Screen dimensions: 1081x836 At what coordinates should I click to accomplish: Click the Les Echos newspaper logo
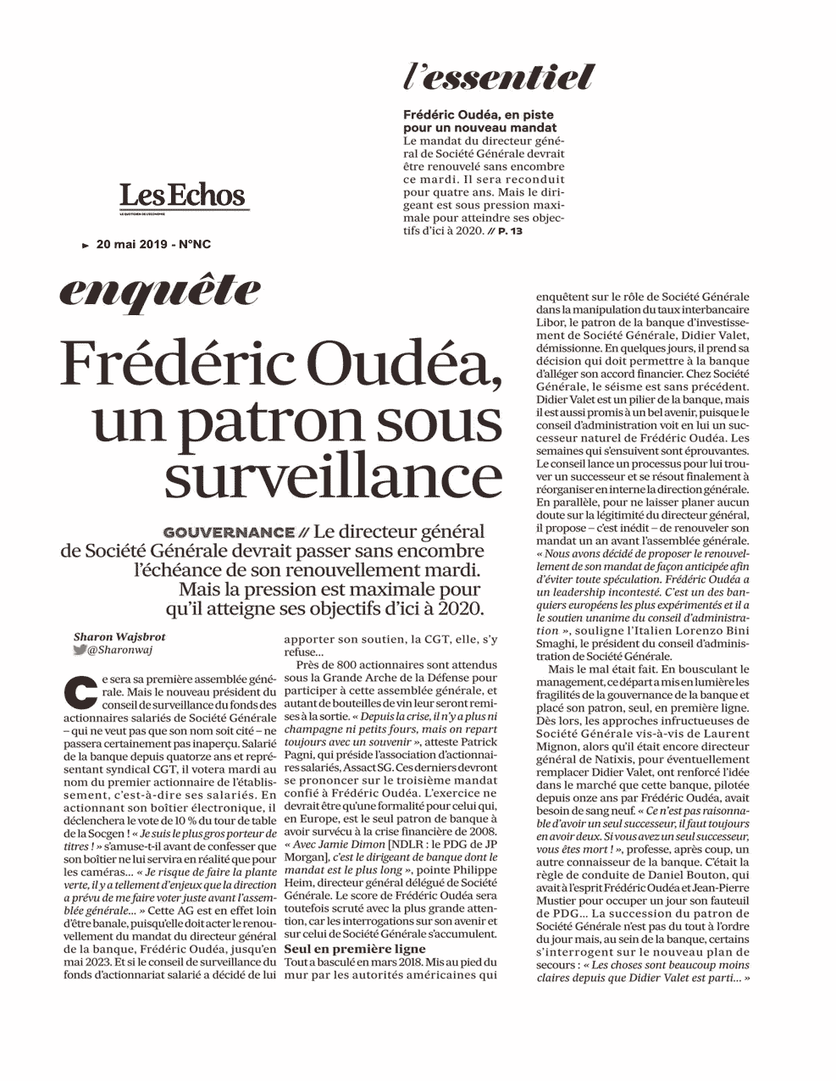pyautogui.click(x=182, y=196)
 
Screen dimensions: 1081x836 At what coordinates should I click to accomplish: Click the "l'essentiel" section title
pyautogui.click(x=499, y=78)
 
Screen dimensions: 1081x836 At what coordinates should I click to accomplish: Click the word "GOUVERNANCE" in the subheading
pyautogui.click(x=228, y=533)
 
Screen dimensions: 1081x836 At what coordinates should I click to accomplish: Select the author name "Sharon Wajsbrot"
pyautogui.click(x=119, y=637)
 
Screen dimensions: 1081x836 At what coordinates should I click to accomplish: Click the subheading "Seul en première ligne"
pyautogui.click(x=355, y=949)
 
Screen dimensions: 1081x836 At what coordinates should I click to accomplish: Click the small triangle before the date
pyautogui.click(x=86, y=246)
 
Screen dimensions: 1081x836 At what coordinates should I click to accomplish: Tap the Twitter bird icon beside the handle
pyautogui.click(x=80, y=651)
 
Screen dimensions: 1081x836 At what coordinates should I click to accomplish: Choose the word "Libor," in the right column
pyautogui.click(x=554, y=323)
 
